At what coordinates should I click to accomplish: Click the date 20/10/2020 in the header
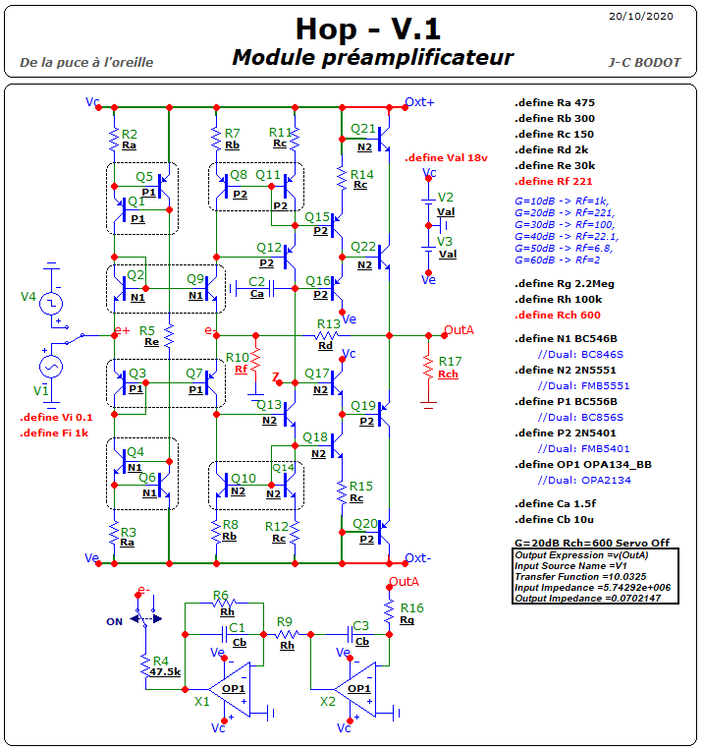(x=640, y=17)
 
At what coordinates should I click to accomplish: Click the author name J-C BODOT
(x=644, y=63)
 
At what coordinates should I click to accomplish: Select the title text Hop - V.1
(x=368, y=29)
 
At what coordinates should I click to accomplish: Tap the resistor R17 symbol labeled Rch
(x=428, y=369)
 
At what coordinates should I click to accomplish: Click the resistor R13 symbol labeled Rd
(x=327, y=335)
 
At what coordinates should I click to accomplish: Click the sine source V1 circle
(x=51, y=368)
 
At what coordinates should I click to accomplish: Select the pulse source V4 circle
(x=51, y=304)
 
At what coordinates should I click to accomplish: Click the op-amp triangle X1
(x=232, y=689)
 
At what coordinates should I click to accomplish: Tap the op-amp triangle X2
(x=357, y=689)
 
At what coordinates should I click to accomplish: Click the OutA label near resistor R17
(x=459, y=330)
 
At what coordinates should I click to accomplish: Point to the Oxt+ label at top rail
(x=419, y=102)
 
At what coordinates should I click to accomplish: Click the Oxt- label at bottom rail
(x=417, y=558)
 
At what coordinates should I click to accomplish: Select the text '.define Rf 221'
(x=554, y=182)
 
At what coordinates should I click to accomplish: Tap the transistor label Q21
(x=363, y=129)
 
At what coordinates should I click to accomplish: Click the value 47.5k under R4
(x=165, y=672)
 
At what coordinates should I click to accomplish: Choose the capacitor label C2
(x=256, y=282)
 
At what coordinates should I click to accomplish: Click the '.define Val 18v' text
(x=446, y=158)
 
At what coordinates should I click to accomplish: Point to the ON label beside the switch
(x=114, y=622)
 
